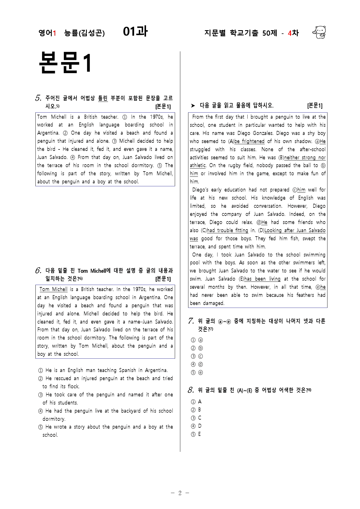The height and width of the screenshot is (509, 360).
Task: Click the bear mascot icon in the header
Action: [x=319, y=32]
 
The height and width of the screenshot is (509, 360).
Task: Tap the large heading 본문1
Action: [x=65, y=62]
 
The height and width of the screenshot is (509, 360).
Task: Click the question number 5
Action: [x=38, y=98]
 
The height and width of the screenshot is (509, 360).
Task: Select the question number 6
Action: [x=38, y=271]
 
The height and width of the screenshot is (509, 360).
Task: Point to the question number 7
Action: [x=191, y=321]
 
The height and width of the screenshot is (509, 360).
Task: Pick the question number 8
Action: [x=191, y=390]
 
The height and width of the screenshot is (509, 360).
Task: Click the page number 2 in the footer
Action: [x=180, y=493]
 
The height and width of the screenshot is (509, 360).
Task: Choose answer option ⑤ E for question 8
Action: [x=196, y=434]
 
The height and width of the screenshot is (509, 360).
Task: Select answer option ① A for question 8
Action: [x=196, y=402]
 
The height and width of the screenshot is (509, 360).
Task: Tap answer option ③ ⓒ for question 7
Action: [x=197, y=356]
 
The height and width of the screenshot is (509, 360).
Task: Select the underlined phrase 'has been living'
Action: [x=262, y=279]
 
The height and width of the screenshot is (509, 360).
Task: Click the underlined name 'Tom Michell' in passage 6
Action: [x=53, y=289]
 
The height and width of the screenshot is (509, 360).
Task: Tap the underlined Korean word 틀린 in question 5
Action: [x=103, y=98]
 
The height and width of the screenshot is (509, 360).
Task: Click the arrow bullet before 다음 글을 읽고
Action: [x=193, y=106]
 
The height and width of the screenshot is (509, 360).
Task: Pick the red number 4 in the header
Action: [x=289, y=33]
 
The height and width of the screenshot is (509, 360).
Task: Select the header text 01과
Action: [x=135, y=32]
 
